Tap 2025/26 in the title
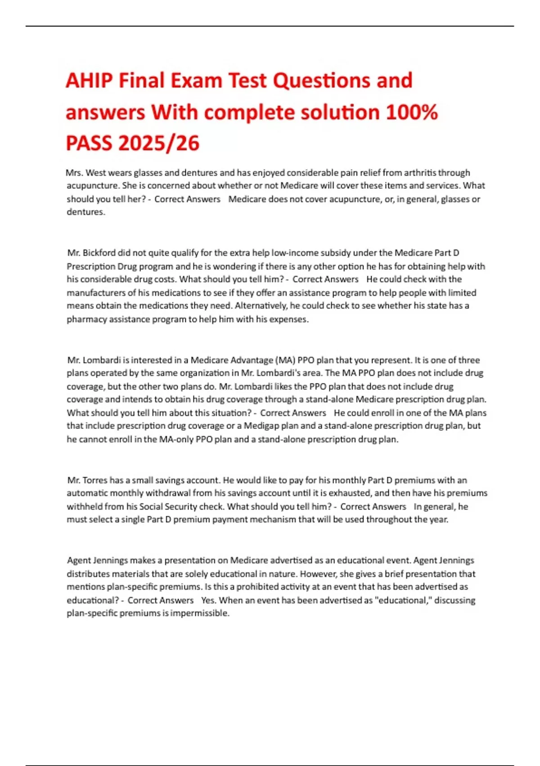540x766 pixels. (159, 143)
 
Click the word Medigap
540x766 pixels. (261, 426)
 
